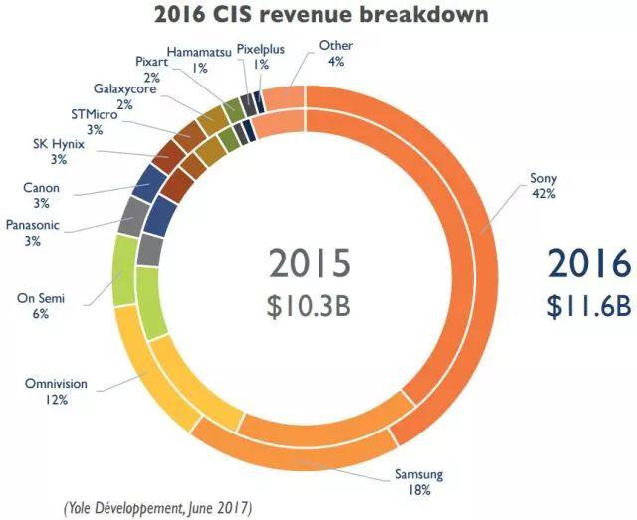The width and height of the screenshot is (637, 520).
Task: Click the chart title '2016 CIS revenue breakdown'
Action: point(318,15)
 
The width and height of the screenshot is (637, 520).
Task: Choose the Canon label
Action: point(40,187)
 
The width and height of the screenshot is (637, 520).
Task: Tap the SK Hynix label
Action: point(58,145)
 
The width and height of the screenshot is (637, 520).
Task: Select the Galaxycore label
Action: point(121,87)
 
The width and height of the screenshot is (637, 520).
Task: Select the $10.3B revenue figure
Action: point(310,305)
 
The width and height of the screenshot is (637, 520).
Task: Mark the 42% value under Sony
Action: point(542,195)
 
